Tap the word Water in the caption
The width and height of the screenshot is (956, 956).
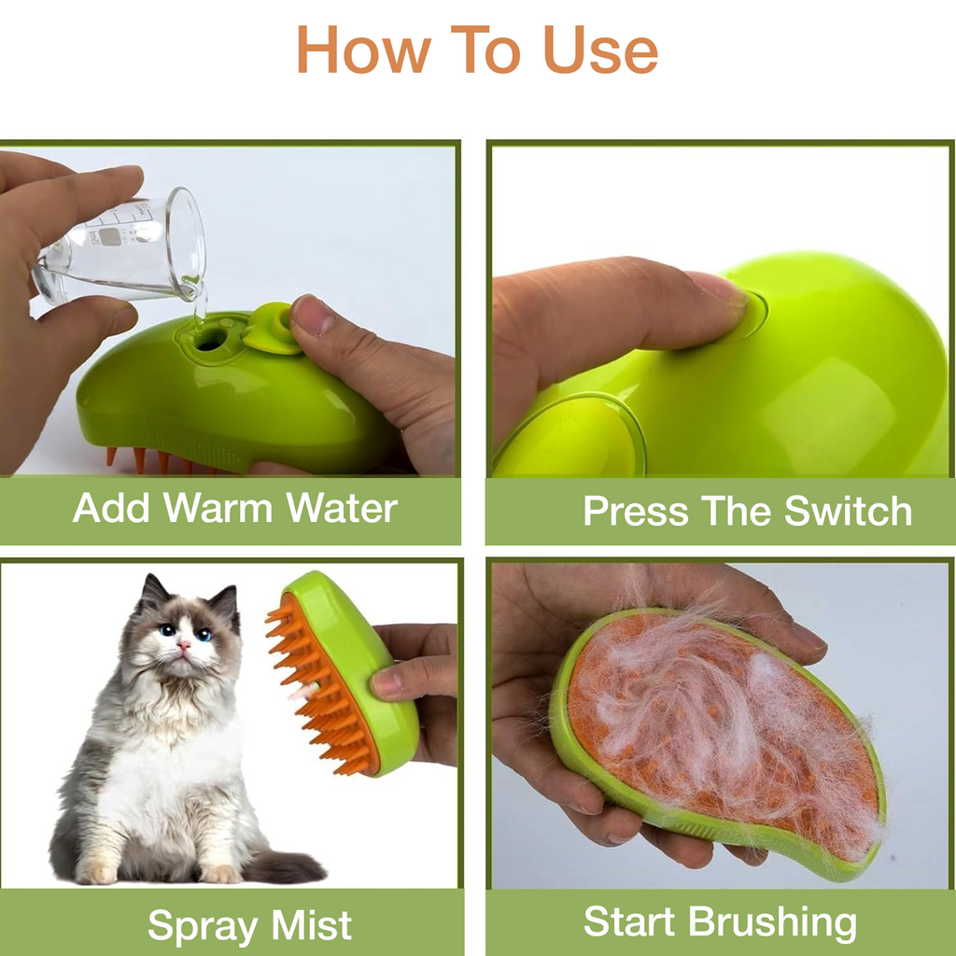point(342,509)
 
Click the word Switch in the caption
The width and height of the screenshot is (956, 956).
point(847,512)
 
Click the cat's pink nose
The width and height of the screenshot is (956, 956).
point(184,645)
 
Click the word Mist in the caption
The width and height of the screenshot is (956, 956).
point(311,925)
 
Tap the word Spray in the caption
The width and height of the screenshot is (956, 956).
point(201,925)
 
